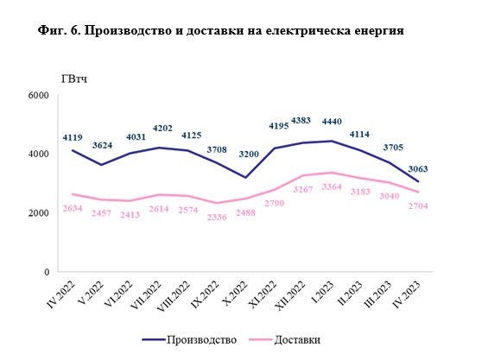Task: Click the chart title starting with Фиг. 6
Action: click(222, 30)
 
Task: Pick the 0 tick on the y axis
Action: click(48, 272)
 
